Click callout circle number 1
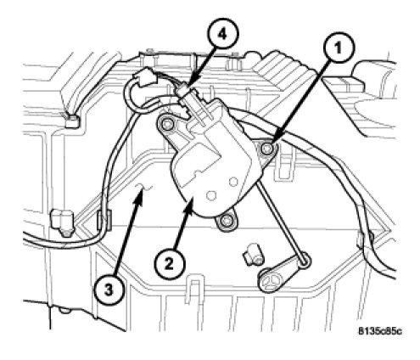tap(339, 49)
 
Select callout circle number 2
tap(169, 264)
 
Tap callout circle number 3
tap(109, 290)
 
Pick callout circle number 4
tap(223, 36)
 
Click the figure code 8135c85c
tap(379, 331)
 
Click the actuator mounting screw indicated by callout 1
tap(266, 149)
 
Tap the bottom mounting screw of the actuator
tap(226, 220)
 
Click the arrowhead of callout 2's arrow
tap(191, 205)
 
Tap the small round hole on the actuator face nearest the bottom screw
tap(211, 194)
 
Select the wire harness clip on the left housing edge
tap(104, 219)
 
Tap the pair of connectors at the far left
tap(62, 222)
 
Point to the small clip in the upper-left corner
tap(72, 121)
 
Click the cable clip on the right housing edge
tap(365, 239)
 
